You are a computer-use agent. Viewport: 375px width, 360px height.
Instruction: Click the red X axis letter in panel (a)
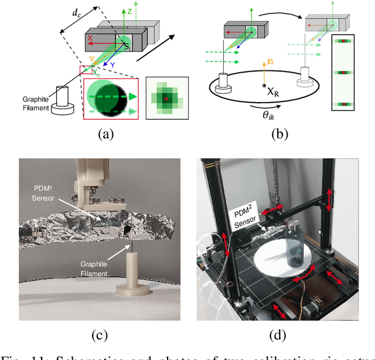pos(90,38)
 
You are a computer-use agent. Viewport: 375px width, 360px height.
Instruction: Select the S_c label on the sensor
pos(128,46)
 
